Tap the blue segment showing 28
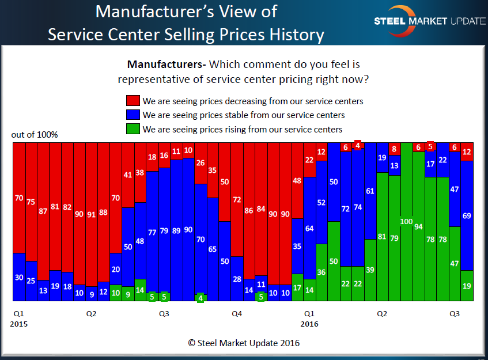click(x=237, y=279)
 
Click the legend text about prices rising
click(x=242, y=130)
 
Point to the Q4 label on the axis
click(x=237, y=314)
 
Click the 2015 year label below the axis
click(x=18, y=324)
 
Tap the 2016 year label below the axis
click(x=309, y=324)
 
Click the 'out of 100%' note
click(x=35, y=135)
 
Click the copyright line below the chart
click(x=244, y=343)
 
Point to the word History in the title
click(x=294, y=34)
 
